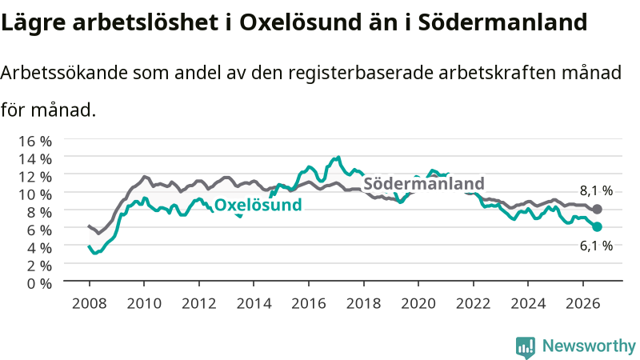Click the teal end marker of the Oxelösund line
point(597,227)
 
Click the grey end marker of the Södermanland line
point(597,210)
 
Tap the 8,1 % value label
point(596,190)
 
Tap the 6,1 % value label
point(596,246)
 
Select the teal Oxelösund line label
point(258,205)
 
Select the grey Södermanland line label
point(424,184)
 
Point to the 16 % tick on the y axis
point(35,142)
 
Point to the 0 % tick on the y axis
point(39,283)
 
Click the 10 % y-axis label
point(35,194)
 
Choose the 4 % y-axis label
point(39,248)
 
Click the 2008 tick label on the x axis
point(90,304)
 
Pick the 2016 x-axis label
point(309,304)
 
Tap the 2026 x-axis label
point(583,304)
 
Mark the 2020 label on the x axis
point(418,304)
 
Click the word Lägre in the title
point(33,23)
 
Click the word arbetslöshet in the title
point(146,22)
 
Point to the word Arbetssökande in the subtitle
point(64,73)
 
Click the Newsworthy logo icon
point(526,347)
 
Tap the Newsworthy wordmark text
point(589,346)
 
